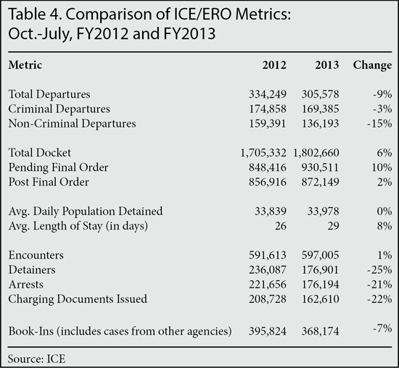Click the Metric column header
pyautogui.click(x=25, y=65)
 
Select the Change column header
pyautogui.click(x=372, y=66)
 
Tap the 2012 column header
pyautogui.click(x=274, y=65)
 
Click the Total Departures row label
pyautogui.click(x=49, y=94)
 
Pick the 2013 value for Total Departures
pyautogui.click(x=321, y=94)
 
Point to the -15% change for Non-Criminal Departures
pyautogui.click(x=379, y=124)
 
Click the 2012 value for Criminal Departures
pyautogui.click(x=268, y=109)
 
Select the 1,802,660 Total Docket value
pyautogui.click(x=316, y=153)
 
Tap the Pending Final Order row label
pyautogui.click(x=58, y=167)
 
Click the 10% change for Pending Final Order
pyautogui.click(x=382, y=167)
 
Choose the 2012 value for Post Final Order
pyautogui.click(x=268, y=182)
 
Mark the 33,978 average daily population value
pyautogui.click(x=323, y=212)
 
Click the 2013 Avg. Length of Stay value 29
pyautogui.click(x=333, y=226)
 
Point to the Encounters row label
pyautogui.click(x=36, y=255)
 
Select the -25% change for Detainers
pyautogui.click(x=379, y=270)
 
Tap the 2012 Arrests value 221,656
pyautogui.click(x=268, y=285)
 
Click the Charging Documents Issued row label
pyautogui.click(x=78, y=299)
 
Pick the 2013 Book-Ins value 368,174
pyautogui.click(x=321, y=331)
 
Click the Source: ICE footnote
pyautogui.click(x=37, y=359)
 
